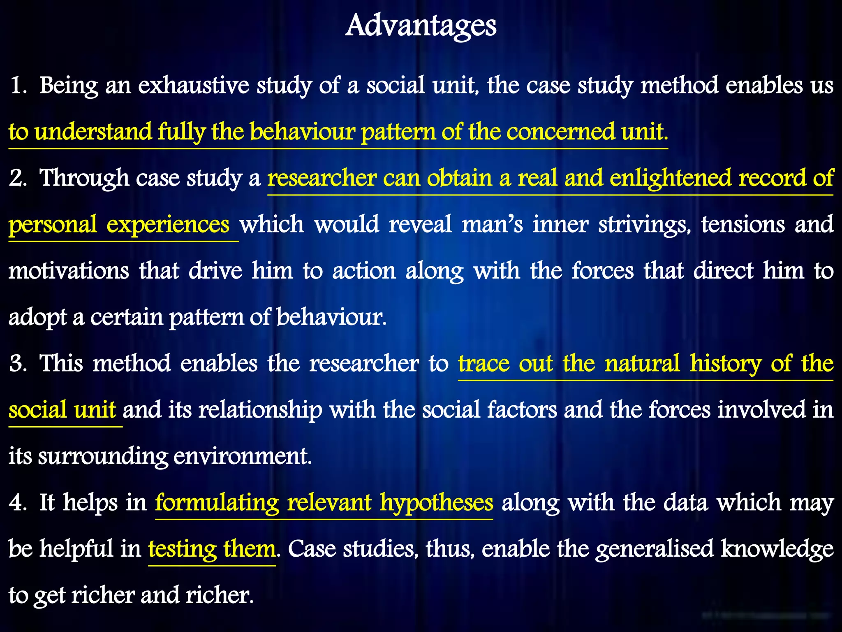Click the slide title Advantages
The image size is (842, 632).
pyautogui.click(x=421, y=26)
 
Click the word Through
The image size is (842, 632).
pyautogui.click(x=84, y=179)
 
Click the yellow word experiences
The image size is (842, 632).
pyautogui.click(x=168, y=225)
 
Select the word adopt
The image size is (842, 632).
pyautogui.click(x=37, y=318)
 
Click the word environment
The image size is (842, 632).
pyautogui.click(x=242, y=457)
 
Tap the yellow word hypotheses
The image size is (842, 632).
pyautogui.click(x=436, y=503)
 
